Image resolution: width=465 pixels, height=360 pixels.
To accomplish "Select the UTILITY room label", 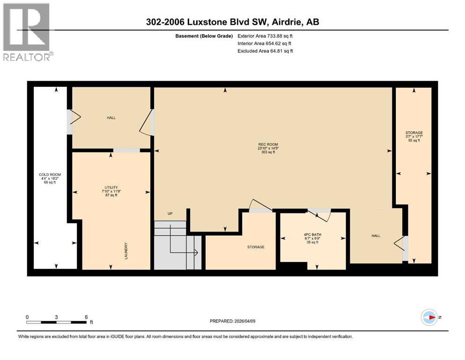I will pos(111,187).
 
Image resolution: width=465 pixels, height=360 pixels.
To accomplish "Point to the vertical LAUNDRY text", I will pos(126,251).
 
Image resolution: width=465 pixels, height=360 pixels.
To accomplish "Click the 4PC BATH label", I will pos(312,234).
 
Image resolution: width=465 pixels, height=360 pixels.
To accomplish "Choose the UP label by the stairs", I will pos(170,214).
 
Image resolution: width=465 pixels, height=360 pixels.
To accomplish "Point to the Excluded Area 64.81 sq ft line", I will pos(266,51).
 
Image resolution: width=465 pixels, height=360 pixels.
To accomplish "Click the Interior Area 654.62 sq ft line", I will pos(266,43).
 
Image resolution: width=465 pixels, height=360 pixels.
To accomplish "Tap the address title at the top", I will pos(232,22).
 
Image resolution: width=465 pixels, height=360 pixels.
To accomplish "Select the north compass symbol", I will pos(429,317).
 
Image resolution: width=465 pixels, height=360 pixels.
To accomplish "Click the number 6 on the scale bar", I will pos(86,317).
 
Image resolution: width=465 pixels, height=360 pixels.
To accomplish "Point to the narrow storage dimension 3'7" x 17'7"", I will pos(414,136).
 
